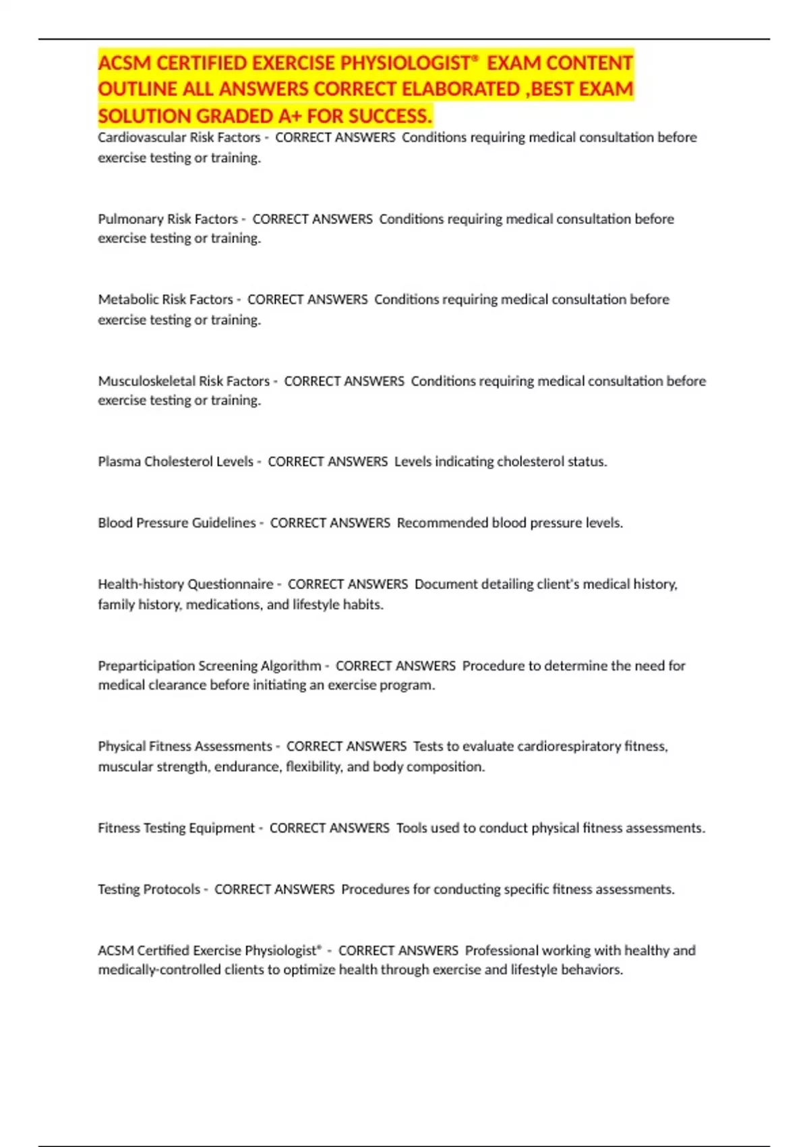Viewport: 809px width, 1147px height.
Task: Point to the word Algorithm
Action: [x=291, y=666]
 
